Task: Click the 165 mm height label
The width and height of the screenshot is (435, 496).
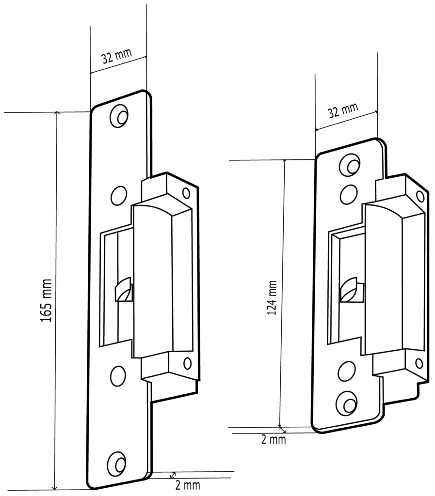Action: click(46, 301)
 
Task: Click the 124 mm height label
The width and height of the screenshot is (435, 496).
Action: click(272, 297)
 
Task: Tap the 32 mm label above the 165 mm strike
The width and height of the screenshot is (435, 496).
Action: click(116, 56)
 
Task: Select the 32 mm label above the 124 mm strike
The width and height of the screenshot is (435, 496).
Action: click(343, 110)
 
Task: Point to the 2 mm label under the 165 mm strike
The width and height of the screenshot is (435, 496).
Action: click(188, 485)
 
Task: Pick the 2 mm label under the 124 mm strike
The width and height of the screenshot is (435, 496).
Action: click(274, 440)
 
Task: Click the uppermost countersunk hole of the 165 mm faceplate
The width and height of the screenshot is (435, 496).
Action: click(119, 116)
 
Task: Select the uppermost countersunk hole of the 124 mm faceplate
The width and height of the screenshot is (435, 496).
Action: click(350, 165)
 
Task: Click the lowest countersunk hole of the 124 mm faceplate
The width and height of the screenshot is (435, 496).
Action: click(347, 403)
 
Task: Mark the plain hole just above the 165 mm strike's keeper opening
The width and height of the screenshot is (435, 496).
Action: click(118, 196)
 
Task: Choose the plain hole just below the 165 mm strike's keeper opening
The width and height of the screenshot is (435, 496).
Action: click(118, 376)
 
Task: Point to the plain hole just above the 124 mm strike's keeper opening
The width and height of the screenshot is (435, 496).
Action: click(349, 194)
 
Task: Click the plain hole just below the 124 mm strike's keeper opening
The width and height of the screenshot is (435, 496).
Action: click(347, 371)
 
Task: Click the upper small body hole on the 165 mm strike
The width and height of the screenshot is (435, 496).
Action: click(186, 193)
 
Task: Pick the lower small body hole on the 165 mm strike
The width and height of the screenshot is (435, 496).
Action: click(187, 363)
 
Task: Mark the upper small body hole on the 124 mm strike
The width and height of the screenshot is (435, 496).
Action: click(420, 196)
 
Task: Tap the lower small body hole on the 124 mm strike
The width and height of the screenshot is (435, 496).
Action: click(419, 363)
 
